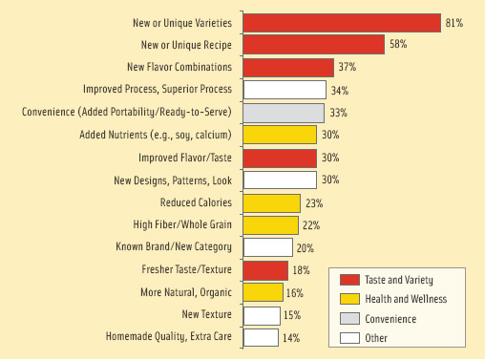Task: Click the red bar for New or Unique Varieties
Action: [x=342, y=22]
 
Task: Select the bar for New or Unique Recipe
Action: [x=314, y=45]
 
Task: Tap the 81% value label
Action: [x=453, y=22]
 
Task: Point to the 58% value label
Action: [x=397, y=45]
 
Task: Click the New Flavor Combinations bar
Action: [x=289, y=68]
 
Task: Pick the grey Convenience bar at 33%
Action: [x=284, y=113]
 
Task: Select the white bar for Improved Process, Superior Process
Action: [x=285, y=91]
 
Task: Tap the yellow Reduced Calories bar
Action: [x=272, y=202]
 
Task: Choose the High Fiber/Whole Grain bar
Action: [x=271, y=225]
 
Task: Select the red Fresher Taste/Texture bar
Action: [x=266, y=270]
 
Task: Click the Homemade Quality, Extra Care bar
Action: [x=262, y=336]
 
